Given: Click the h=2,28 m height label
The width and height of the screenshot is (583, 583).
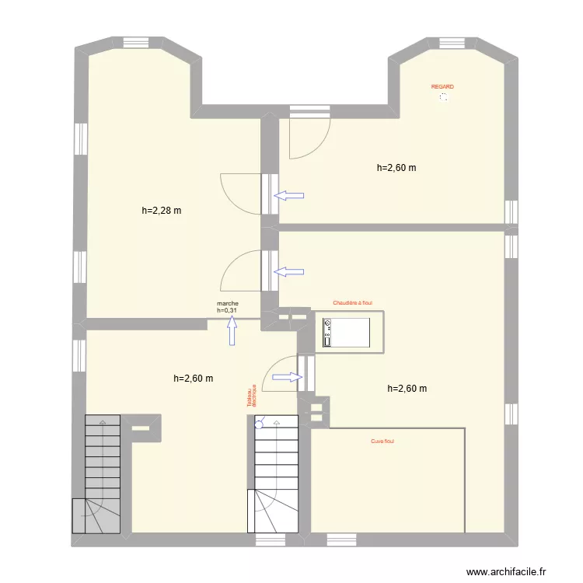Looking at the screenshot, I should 162,210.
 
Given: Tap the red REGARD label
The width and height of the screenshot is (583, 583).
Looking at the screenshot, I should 442,87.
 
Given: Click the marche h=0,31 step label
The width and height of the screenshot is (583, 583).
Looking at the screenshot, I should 228,307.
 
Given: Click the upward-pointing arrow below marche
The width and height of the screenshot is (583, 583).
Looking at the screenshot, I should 232,333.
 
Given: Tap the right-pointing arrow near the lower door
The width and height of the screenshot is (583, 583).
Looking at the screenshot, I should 287,377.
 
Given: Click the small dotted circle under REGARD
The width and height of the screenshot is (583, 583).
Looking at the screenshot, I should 443,98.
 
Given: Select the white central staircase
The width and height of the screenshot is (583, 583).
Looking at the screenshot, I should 276,473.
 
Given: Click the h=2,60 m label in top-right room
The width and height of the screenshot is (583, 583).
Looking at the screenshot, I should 396,167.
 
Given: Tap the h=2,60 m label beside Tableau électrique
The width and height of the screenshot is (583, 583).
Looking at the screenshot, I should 194,379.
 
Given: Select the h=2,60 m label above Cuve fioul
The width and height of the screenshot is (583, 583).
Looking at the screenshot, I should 407,389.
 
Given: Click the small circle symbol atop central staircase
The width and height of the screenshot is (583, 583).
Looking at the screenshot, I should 260,424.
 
